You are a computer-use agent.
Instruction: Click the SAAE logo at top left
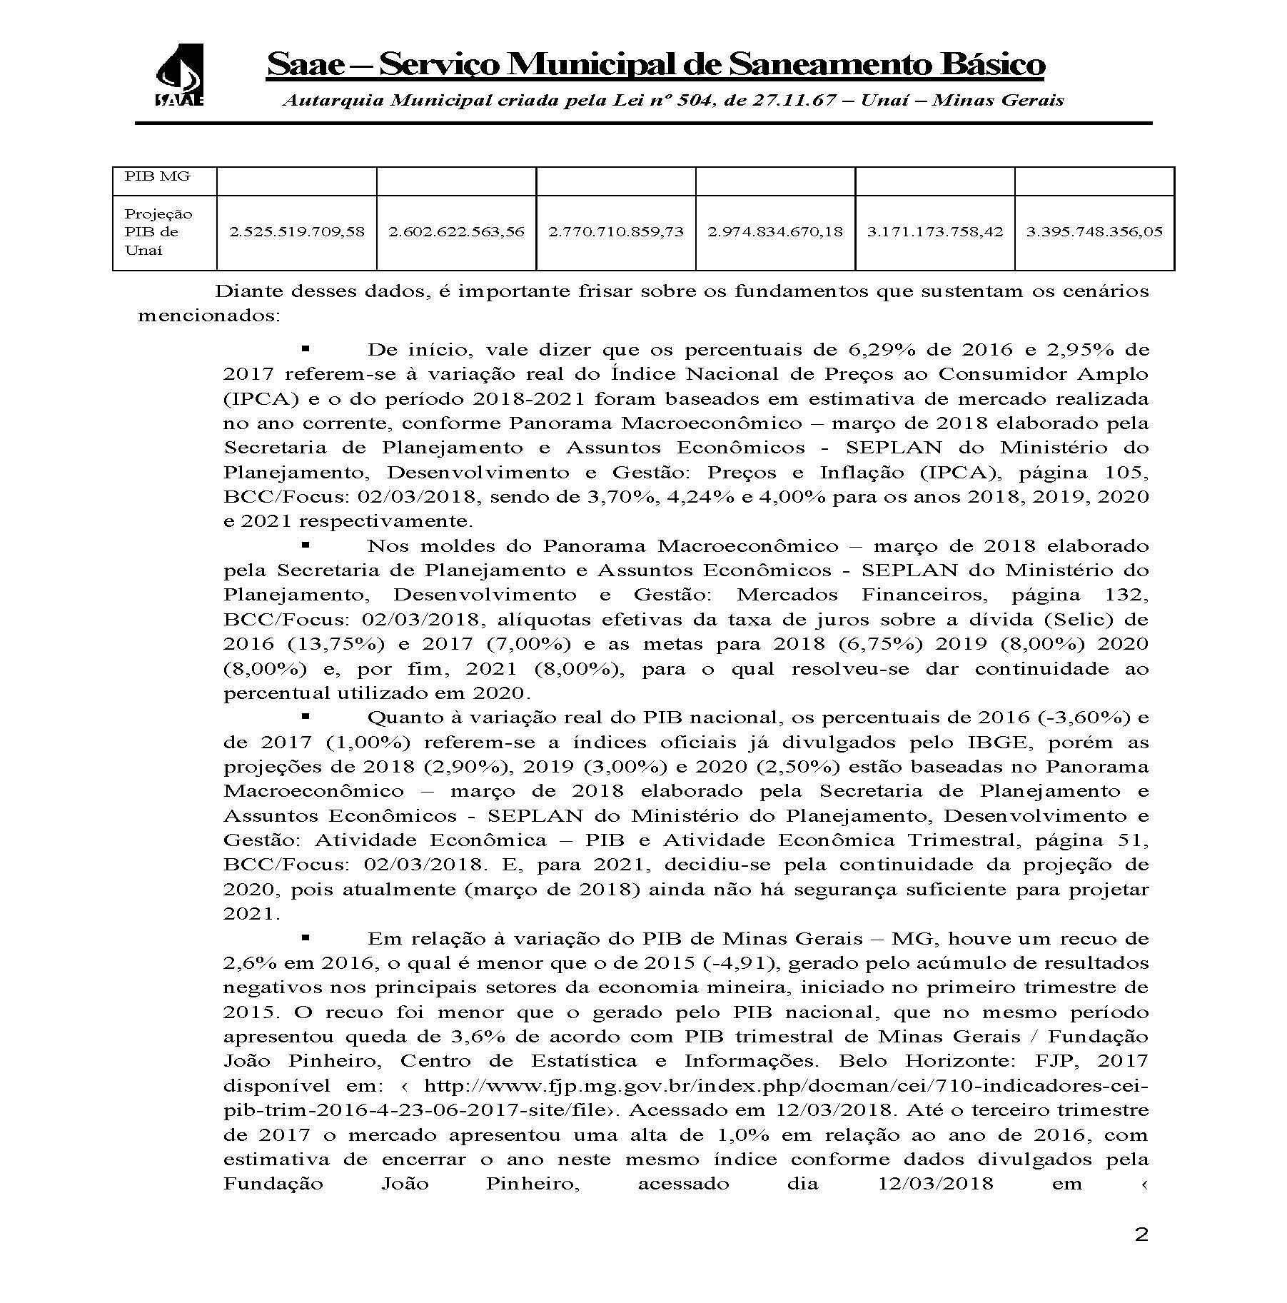179,74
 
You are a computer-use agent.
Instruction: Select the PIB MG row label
157,176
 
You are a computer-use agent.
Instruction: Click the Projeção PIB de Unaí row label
158,231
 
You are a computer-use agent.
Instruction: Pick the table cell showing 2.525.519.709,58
296,231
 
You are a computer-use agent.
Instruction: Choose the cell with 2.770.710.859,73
615,231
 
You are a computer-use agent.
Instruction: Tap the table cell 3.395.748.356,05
1094,231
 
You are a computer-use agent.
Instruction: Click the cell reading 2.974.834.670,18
774,231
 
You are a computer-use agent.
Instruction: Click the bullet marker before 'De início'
305,349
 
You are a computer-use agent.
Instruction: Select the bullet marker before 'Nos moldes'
305,545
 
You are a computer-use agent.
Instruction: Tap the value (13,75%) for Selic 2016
335,643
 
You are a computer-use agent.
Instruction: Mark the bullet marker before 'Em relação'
305,937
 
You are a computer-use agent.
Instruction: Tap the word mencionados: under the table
208,316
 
